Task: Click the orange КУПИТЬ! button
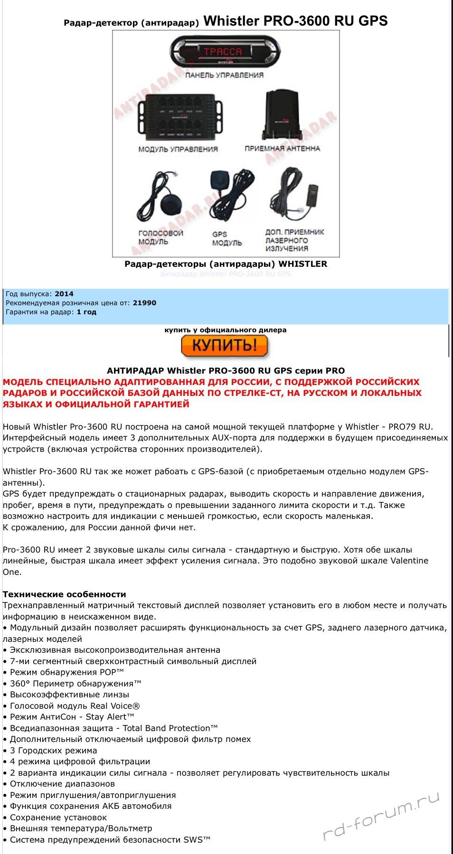(x=224, y=346)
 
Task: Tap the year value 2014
(x=64, y=294)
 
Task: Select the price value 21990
(x=144, y=303)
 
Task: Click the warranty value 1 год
(x=86, y=312)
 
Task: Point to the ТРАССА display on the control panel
(x=223, y=52)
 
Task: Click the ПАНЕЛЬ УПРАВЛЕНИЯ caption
(x=224, y=75)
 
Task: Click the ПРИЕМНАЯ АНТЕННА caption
(x=282, y=149)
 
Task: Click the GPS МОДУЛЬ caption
(x=227, y=238)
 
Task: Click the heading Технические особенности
(x=65, y=594)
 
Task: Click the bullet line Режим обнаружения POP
(x=66, y=672)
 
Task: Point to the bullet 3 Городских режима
(x=53, y=751)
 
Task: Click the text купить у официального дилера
(x=226, y=330)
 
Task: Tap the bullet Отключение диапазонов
(x=62, y=784)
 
